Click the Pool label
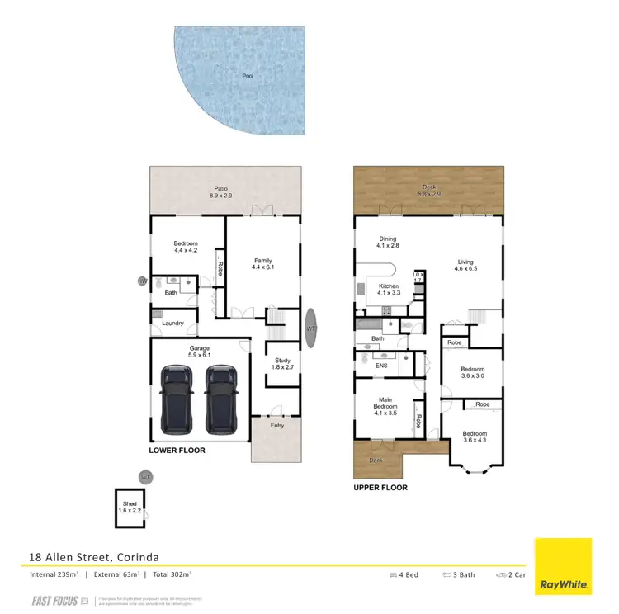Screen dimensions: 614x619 pos(248,76)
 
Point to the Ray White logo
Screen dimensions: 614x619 pos(564,567)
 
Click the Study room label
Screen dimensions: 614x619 pos(282,365)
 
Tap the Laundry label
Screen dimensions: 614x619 pos(173,323)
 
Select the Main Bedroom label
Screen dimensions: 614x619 pos(385,407)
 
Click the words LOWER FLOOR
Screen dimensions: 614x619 pos(177,451)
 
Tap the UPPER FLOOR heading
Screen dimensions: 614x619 pos(380,488)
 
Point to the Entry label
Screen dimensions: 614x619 pos(278,425)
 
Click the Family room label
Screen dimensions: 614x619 pos(262,264)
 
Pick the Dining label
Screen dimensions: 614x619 pos(388,243)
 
